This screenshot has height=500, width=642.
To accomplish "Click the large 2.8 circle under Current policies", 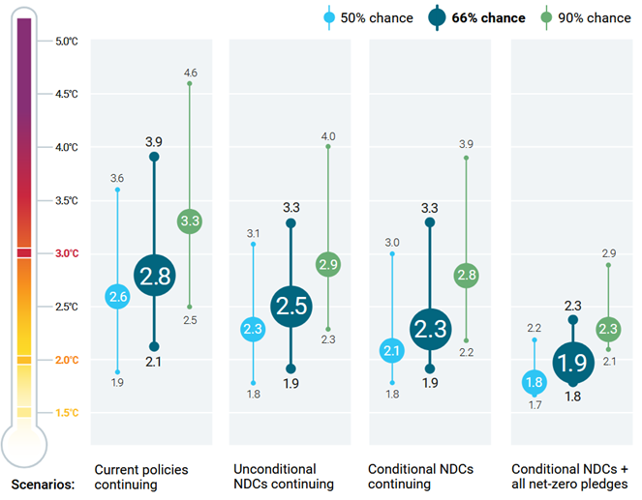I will (154, 277).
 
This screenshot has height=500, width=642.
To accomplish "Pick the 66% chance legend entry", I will (478, 17).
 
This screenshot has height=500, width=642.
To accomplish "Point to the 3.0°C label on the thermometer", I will (67, 253).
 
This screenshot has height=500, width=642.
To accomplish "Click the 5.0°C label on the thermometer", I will (67, 41).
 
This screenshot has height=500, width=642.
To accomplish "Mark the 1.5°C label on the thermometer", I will (67, 413).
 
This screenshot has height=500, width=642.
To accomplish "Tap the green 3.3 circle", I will (190, 221).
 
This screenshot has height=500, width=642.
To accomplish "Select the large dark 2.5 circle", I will (290, 307).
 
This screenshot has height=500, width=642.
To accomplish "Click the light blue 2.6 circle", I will (118, 298).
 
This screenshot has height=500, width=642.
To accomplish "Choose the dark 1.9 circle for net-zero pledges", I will (572, 363).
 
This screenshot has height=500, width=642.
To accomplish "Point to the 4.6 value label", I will (191, 73).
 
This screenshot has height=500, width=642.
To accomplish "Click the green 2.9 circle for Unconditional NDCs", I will (328, 264).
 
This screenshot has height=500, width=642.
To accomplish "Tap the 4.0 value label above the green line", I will (328, 135).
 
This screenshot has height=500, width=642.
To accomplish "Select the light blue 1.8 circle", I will (534, 382).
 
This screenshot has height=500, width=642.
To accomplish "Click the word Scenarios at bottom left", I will (43, 484).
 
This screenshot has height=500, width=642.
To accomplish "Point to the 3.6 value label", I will (117, 178).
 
